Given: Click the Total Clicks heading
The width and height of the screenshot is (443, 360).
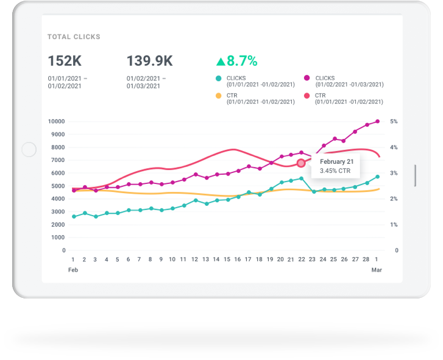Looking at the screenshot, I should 74,37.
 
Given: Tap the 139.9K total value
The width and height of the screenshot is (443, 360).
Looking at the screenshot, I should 149,61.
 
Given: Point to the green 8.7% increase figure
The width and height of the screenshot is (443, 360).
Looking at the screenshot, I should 236,61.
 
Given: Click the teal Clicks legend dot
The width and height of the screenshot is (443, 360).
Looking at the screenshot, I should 219,78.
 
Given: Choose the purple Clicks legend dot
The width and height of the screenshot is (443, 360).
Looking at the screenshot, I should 307,78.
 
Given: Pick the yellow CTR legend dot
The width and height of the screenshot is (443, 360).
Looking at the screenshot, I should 219,96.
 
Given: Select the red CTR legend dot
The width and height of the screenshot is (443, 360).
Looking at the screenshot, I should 307,96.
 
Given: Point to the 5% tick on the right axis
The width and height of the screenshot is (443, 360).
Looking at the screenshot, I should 394,121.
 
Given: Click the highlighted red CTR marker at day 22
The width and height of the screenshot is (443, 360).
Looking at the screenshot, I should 301,163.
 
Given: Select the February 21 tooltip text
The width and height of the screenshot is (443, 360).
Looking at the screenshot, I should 336,161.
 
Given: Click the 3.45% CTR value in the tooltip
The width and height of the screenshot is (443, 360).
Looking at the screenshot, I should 335,171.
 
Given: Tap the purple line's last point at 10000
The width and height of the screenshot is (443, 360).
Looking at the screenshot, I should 378,121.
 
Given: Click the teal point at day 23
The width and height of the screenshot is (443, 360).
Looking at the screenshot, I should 314,192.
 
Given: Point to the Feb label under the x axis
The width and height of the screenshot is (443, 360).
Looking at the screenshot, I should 73,269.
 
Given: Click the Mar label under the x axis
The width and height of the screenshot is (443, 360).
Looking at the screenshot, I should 377,269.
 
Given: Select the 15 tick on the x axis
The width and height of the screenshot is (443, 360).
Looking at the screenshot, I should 227,259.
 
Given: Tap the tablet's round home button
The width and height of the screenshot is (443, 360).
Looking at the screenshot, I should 29,149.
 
